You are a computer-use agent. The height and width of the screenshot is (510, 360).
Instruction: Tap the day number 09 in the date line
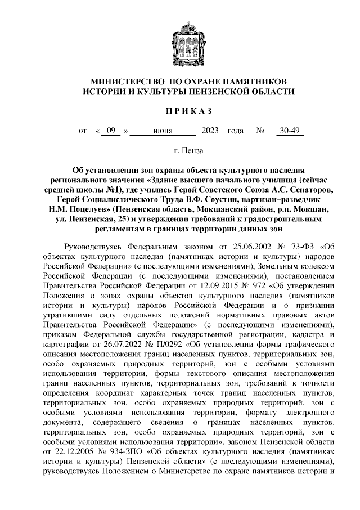(111, 131)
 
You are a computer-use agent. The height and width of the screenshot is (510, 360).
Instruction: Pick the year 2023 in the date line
(209, 131)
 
